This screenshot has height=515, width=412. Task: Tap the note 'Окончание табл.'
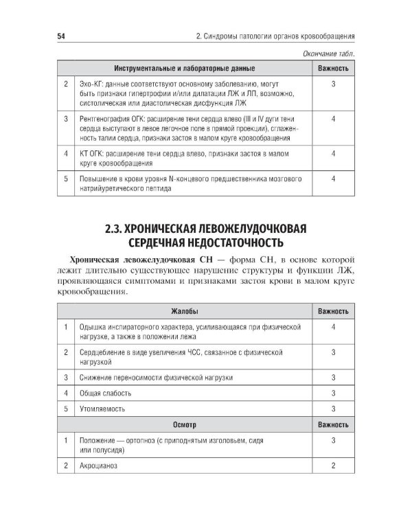332,54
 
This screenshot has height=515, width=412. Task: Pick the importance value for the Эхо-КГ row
332,84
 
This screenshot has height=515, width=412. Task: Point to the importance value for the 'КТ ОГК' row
332,154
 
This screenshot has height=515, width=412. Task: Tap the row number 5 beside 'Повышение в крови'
65,179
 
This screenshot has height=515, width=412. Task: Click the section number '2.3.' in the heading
112,228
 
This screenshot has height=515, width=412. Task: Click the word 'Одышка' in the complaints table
94,327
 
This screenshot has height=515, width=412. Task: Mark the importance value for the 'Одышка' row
332,327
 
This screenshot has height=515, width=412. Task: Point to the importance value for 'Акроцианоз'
332,465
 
